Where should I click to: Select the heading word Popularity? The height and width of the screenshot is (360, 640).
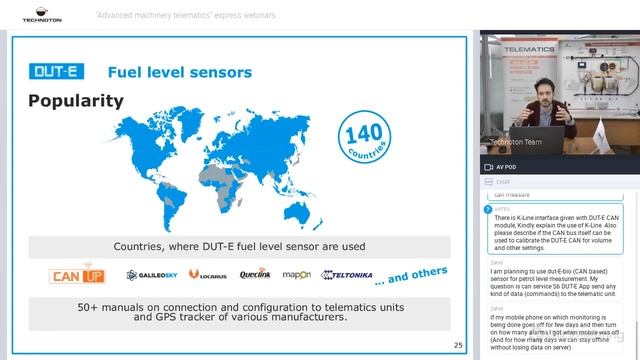76,101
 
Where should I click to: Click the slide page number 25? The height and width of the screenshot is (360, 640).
457,345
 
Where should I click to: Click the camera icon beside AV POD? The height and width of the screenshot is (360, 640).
489,166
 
